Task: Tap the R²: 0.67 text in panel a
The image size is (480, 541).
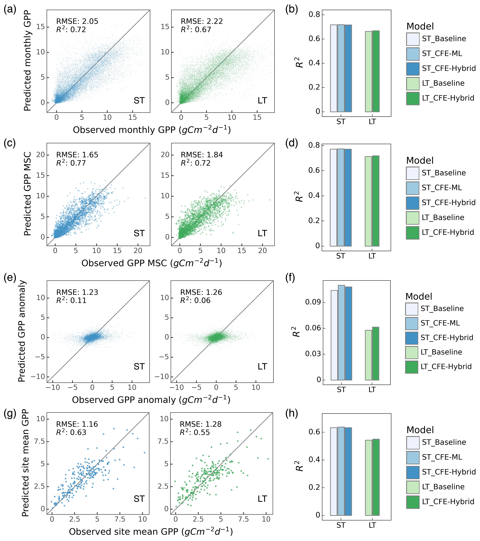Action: [196, 29]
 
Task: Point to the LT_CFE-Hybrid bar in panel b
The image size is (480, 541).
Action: [376, 71]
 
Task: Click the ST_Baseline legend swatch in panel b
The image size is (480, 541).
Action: [413, 39]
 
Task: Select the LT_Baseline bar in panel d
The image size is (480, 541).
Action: [368, 201]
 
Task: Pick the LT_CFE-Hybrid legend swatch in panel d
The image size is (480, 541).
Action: [413, 233]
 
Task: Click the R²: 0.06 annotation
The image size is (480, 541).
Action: [195, 300]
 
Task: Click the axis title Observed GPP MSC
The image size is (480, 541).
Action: [151, 263]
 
